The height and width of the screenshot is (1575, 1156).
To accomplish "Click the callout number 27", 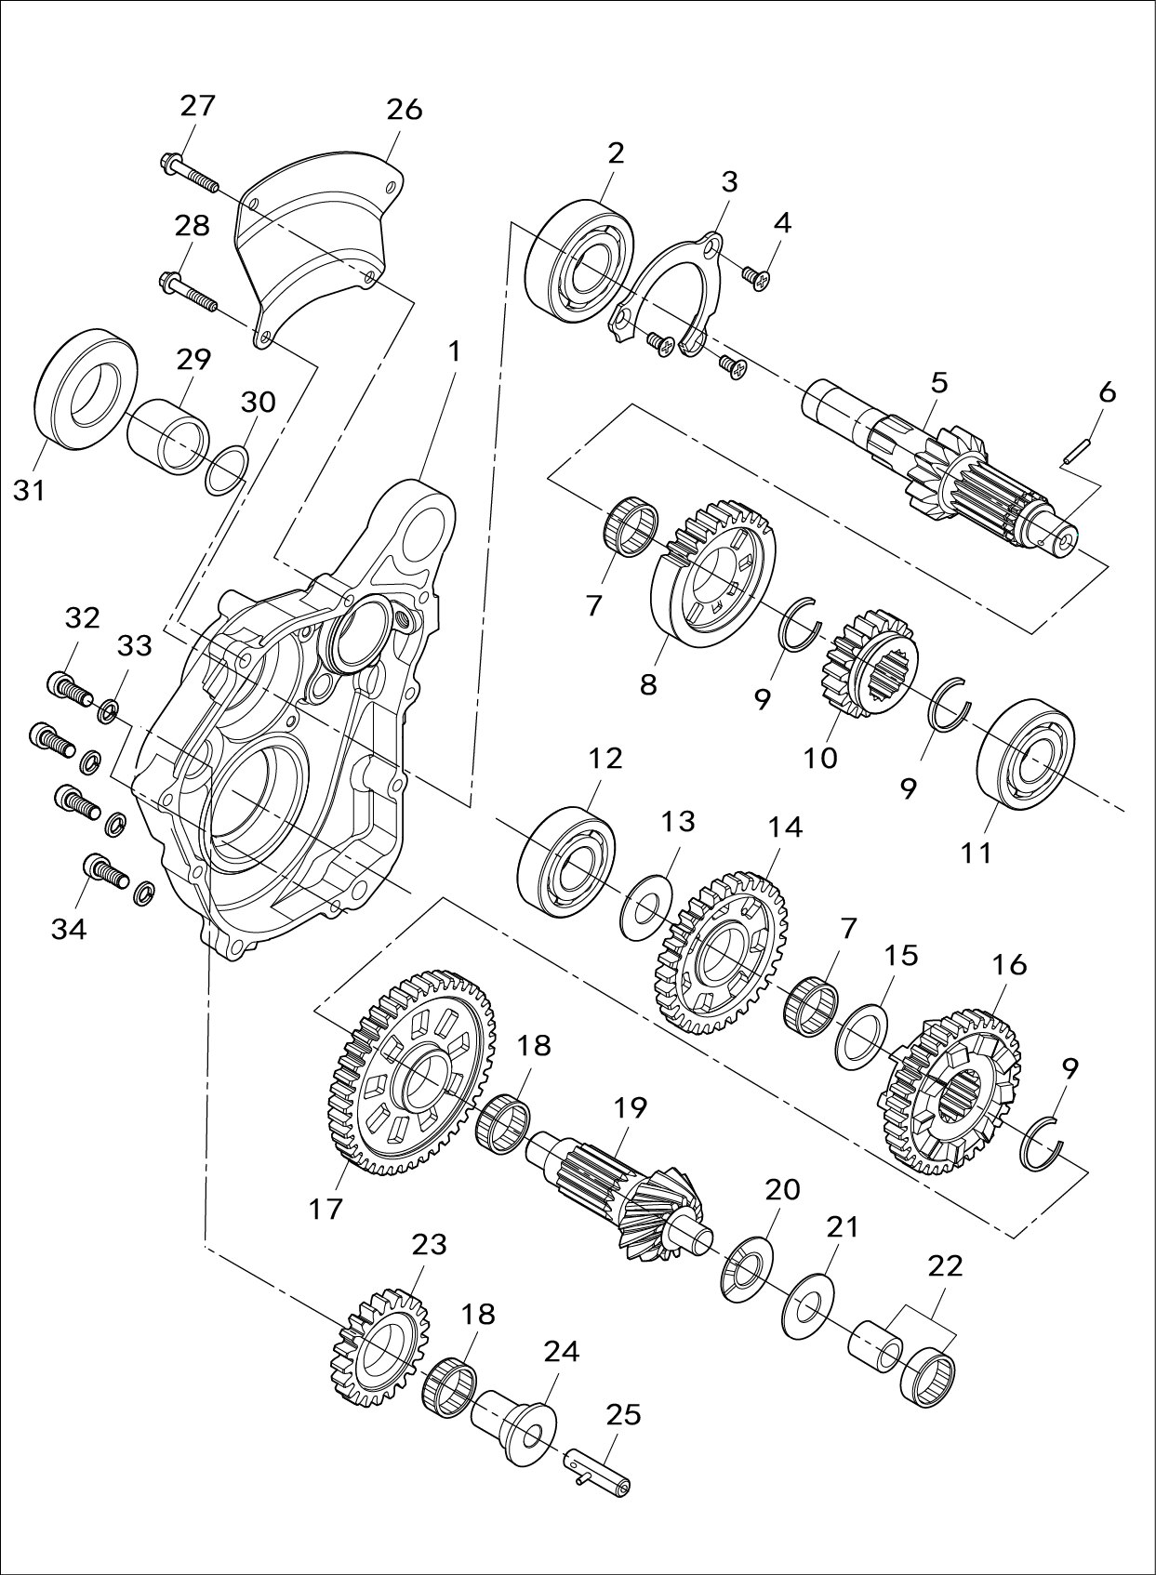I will point(197,105).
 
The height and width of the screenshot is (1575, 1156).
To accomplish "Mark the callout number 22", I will point(945,1265).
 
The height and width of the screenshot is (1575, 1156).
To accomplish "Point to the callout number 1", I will point(454,352).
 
